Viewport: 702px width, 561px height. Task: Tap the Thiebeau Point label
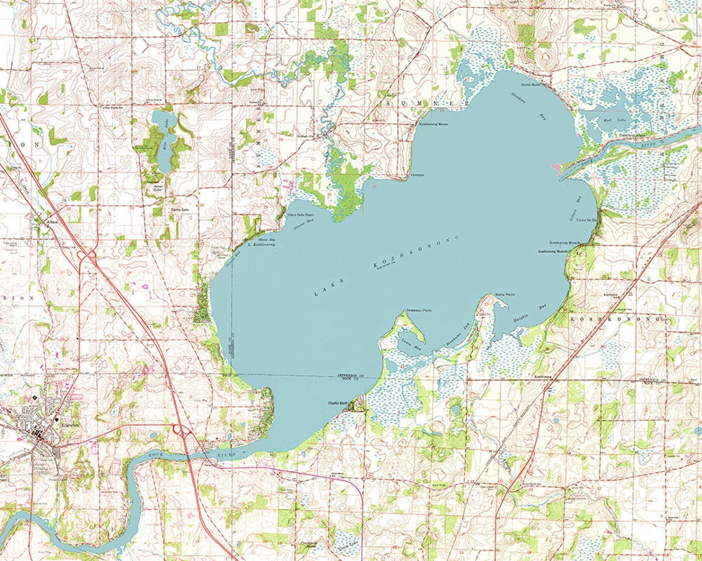coord(419,311)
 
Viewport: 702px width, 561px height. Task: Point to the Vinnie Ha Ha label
coord(587,221)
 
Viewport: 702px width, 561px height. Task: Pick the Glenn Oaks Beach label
coord(300,215)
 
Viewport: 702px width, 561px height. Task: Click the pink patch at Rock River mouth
coord(556,168)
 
